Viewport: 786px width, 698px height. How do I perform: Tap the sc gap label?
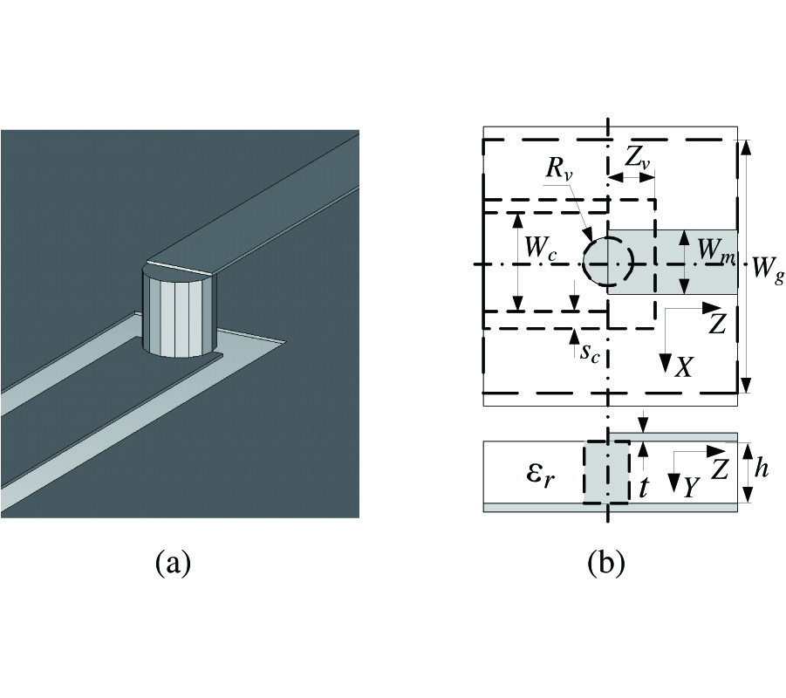(591, 351)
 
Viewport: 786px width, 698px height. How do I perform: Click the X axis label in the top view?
(685, 366)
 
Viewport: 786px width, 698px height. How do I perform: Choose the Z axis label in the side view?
(719, 469)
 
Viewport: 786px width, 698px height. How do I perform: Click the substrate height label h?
(761, 469)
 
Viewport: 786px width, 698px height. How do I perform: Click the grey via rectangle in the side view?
(605, 473)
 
